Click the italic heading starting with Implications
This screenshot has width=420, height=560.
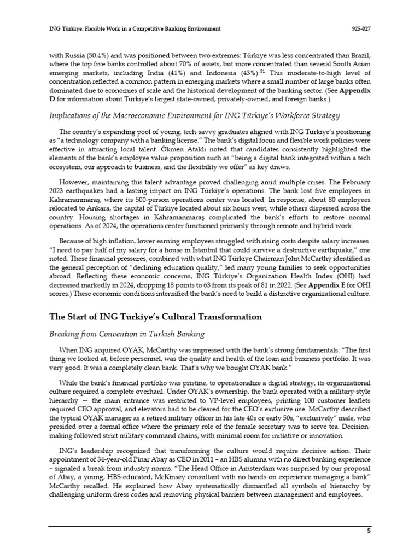tap(195, 115)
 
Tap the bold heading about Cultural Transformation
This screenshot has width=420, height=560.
tap(155, 317)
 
